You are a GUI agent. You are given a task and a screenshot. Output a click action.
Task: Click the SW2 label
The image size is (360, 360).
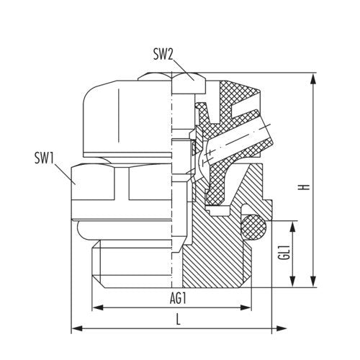coord(163,55)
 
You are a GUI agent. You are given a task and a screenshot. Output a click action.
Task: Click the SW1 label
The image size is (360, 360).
coord(45,158)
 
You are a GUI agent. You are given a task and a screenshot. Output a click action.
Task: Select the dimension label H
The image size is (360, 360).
coord(305,187)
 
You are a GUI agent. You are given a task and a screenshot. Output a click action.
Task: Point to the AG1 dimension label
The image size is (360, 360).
coord(178,299)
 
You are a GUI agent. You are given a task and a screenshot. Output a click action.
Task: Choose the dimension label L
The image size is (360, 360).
coord(178,319)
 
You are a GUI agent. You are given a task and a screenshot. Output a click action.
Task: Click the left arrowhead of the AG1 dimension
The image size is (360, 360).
coord(98,307)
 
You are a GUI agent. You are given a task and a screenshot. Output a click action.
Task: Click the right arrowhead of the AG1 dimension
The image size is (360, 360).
coord(246,307)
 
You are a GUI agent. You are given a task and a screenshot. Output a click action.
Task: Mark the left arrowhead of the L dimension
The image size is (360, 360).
coord(77,328)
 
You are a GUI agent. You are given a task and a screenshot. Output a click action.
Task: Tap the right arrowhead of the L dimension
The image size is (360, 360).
coord(281,328)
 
